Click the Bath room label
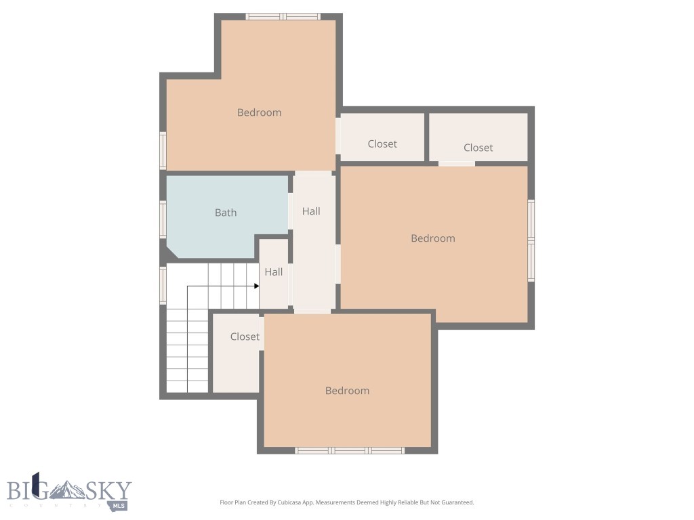[x=226, y=213]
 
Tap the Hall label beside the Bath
[x=311, y=211]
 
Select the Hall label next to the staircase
[x=274, y=272]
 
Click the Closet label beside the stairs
[x=245, y=337]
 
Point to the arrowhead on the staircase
[x=256, y=286]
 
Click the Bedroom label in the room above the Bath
[x=259, y=112]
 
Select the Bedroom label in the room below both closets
[x=432, y=238]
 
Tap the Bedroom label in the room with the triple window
[x=347, y=391]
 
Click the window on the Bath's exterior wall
[x=163, y=219]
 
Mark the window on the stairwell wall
[x=163, y=284]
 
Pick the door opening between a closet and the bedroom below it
[x=456, y=163]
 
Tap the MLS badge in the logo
[x=119, y=504]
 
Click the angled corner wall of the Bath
[x=172, y=253]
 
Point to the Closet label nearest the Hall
[x=382, y=144]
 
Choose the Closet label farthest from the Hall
[x=478, y=148]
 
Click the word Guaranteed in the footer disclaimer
[x=457, y=502]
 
